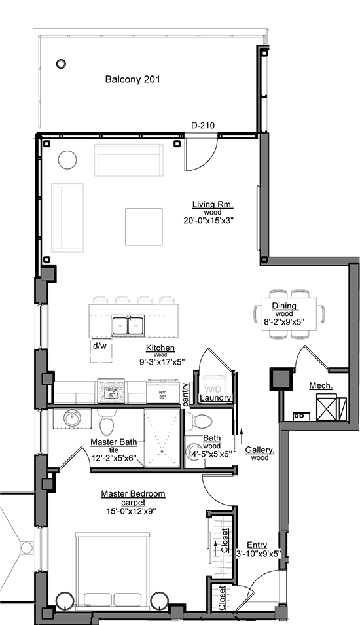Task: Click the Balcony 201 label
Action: point(133,80)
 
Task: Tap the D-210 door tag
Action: point(203,126)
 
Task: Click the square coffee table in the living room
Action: point(144,226)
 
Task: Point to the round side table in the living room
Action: point(67,159)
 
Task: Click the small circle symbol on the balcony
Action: point(61,64)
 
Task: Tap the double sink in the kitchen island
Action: point(128,325)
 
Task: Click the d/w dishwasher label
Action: point(99,346)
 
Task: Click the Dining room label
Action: point(285,306)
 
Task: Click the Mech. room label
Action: point(321,386)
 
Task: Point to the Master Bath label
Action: point(114,442)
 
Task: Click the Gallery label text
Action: point(260,450)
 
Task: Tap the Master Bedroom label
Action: point(133,494)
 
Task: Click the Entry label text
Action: point(257,545)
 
